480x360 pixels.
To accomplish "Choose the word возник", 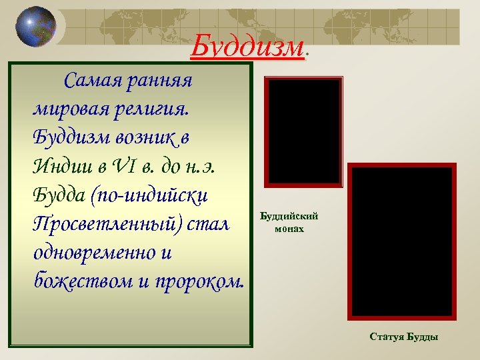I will point(141,138).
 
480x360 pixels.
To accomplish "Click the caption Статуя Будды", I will point(403,337).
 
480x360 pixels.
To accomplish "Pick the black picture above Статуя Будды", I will point(403,241).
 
